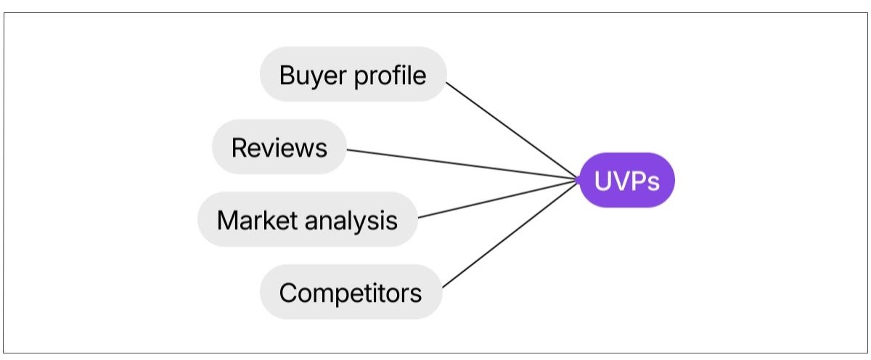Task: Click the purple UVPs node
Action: click(627, 180)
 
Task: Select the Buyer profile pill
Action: click(353, 74)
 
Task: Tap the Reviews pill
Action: click(279, 147)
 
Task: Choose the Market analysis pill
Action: click(308, 219)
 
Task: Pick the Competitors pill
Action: click(351, 292)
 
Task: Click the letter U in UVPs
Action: click(603, 181)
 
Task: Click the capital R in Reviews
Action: click(239, 147)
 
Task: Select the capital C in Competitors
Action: click(288, 292)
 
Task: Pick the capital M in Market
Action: click(227, 220)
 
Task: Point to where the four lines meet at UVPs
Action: click(579, 179)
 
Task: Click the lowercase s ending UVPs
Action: click(653, 182)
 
